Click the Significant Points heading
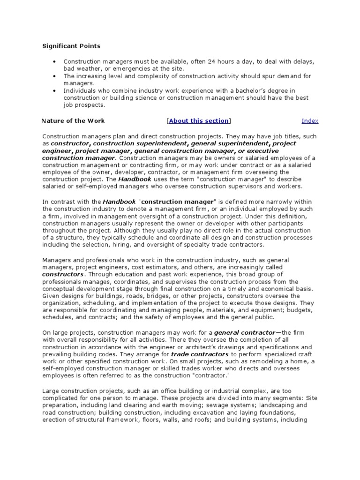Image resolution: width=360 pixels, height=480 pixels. [x=71, y=46]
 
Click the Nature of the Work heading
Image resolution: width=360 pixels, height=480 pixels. [x=73, y=120]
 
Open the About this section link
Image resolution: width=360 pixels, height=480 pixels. [x=199, y=120]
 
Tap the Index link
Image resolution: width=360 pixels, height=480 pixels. [x=310, y=120]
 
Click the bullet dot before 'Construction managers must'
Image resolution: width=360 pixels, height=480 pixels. [x=55, y=61]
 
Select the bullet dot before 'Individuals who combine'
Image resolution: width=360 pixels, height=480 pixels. [x=55, y=90]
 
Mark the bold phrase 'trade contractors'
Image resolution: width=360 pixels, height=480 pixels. [x=199, y=354]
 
